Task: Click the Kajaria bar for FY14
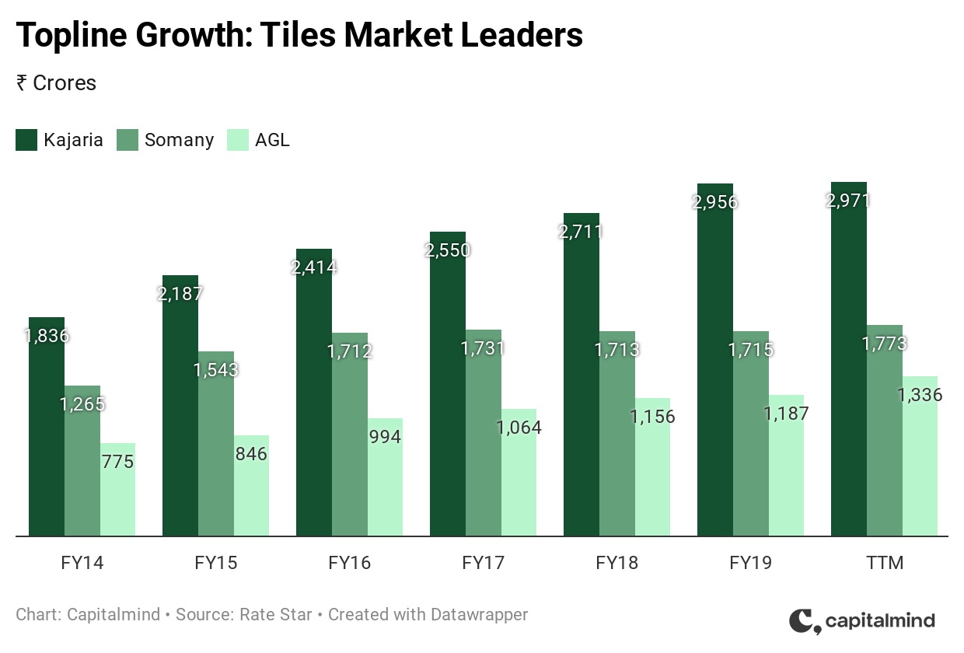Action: coord(47,427)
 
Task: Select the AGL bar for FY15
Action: coord(251,486)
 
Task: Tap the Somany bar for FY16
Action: coord(350,435)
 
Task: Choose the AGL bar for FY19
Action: coord(786,466)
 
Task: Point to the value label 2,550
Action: coord(448,250)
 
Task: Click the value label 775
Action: coord(117,462)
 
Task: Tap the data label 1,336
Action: coord(920,395)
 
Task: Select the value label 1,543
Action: coord(216,369)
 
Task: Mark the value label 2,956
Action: coord(715,202)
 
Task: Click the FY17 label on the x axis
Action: coord(484,563)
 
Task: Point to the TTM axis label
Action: coord(885,563)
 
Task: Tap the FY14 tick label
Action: coord(82,563)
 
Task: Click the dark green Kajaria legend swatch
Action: coord(26,141)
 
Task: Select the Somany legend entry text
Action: coord(179,141)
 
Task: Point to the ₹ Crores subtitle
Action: coord(56,83)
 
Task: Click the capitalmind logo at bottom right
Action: coord(862,620)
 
